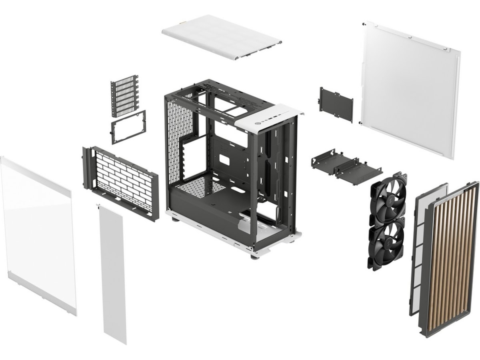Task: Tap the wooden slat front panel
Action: [x=452, y=256]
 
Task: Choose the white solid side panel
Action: [x=410, y=88]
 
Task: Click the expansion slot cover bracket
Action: [x=124, y=96]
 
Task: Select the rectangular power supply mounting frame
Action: [x=128, y=127]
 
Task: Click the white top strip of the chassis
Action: [x=268, y=116]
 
